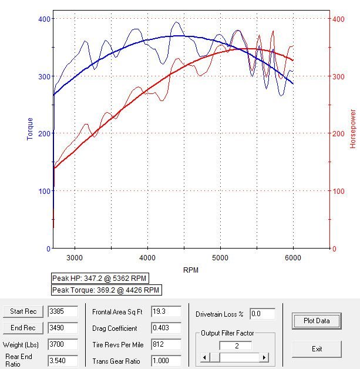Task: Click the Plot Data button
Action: tap(317, 321)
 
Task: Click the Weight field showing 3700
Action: tap(63, 344)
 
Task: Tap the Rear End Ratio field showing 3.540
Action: tap(63, 360)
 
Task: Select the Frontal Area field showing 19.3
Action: tap(166, 311)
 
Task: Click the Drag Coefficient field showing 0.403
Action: tap(166, 327)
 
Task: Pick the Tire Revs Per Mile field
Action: tap(166, 344)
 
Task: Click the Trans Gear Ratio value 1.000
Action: tap(166, 360)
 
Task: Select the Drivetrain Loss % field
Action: tap(263, 314)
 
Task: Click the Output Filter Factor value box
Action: tap(235, 346)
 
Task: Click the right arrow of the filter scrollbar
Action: tap(264, 357)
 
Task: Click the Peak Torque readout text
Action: tap(106, 290)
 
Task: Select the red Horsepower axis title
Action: tap(353, 128)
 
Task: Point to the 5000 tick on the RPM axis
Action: tap(220, 257)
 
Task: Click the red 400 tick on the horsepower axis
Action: tap(338, 19)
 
